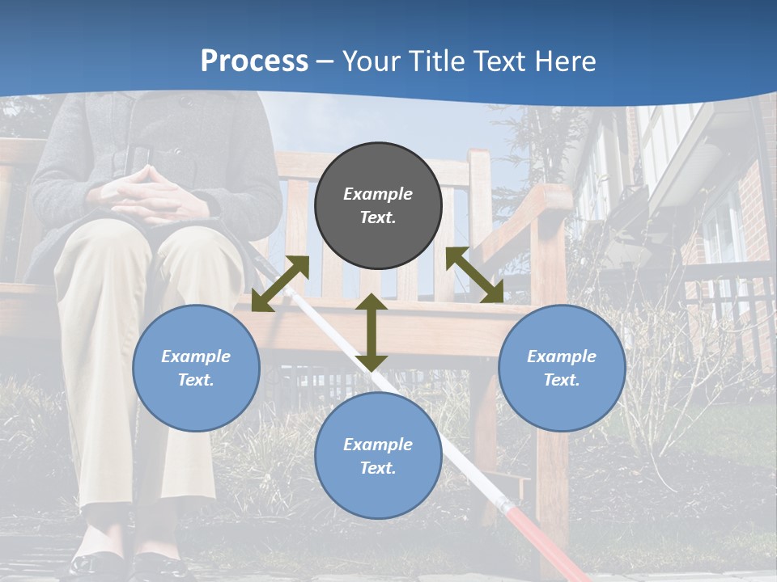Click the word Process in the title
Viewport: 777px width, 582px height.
254,61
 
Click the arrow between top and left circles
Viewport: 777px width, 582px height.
281,283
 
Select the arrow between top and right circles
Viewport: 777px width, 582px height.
474,276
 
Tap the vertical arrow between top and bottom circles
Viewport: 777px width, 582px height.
372,332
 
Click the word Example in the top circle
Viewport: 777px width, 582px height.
378,194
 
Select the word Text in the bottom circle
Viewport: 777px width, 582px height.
378,468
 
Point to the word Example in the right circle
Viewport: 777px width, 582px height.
562,356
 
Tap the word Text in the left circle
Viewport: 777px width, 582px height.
196,380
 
